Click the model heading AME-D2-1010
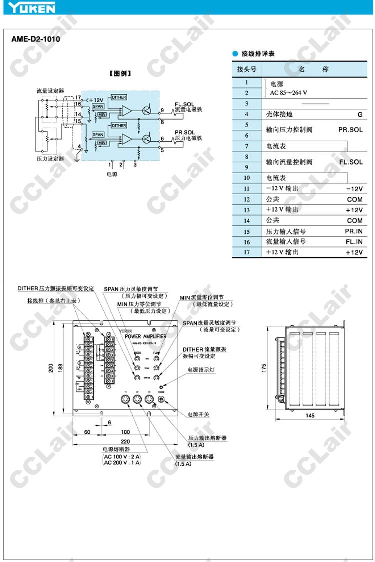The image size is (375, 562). [x=36, y=39]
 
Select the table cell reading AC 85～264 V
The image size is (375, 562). [x=288, y=93]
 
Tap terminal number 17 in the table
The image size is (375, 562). [x=246, y=252]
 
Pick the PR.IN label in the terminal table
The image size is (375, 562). [x=353, y=231]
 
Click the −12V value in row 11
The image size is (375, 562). [x=354, y=189]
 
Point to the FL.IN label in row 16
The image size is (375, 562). [x=353, y=242]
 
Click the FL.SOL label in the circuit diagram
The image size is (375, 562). [x=185, y=104]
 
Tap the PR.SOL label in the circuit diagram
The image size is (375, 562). [x=185, y=133]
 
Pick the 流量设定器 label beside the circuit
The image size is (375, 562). [x=50, y=91]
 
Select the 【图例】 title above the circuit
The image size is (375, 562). [x=120, y=73]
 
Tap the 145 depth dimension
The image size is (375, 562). [x=310, y=416]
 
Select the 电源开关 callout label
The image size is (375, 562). [x=198, y=415]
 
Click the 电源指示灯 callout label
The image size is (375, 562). [x=201, y=370]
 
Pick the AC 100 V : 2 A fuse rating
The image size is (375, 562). [x=122, y=456]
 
